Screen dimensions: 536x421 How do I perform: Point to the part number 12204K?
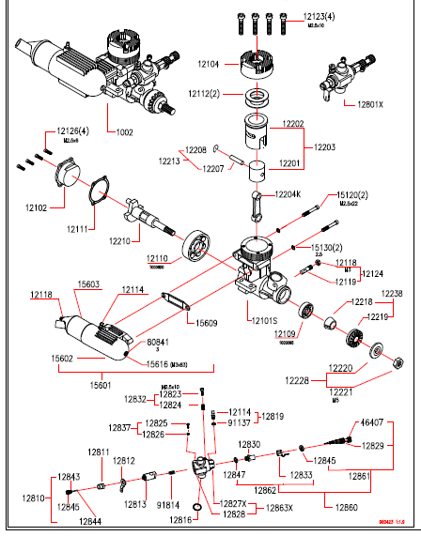click(288, 193)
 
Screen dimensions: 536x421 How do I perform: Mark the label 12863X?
click(279, 508)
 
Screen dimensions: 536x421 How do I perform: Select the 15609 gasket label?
click(209, 323)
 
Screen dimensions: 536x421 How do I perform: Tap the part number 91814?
click(168, 505)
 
